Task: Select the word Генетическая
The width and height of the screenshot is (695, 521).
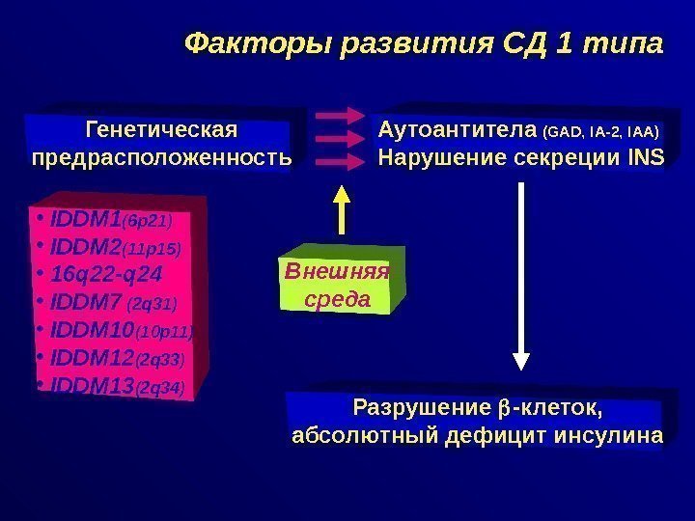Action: click(x=161, y=129)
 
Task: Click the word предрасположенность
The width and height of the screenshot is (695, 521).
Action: click(x=161, y=155)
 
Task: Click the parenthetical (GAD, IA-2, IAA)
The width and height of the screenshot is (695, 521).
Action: click(x=602, y=131)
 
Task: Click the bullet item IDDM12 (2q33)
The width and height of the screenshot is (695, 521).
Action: click(x=108, y=359)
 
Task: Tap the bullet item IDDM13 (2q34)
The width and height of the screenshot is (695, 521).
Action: click(x=108, y=387)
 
